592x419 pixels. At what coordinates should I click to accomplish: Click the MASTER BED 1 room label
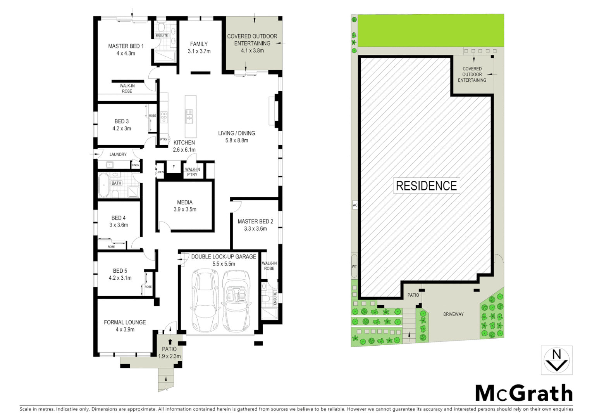[126, 46]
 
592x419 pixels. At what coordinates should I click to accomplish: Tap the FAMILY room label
[199, 44]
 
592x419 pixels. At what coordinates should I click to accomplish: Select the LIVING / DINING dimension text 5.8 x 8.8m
[236, 140]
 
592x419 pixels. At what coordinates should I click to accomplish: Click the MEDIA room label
[185, 202]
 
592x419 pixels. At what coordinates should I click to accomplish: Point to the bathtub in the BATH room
[103, 185]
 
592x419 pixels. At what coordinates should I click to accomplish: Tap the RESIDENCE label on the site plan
[426, 186]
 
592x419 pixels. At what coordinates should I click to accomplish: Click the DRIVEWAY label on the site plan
[453, 314]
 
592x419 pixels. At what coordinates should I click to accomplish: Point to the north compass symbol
[556, 360]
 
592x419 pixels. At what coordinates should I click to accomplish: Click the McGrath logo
[524, 394]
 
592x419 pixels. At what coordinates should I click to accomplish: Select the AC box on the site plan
[355, 205]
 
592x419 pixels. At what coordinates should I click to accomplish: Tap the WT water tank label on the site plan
[354, 267]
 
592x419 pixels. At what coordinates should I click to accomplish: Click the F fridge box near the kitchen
[174, 168]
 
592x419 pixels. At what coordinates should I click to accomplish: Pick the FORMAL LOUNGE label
[125, 322]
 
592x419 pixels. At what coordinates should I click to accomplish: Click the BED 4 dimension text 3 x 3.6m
[119, 225]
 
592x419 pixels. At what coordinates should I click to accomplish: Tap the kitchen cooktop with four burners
[164, 117]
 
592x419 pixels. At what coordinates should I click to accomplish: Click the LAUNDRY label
[118, 154]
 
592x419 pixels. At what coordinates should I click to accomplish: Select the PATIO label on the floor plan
[169, 349]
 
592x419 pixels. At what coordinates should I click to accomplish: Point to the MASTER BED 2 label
[255, 222]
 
